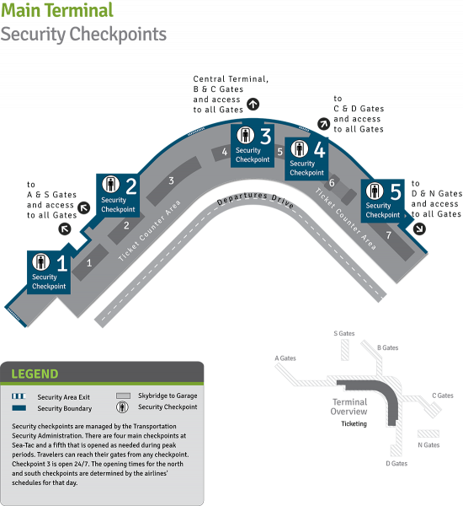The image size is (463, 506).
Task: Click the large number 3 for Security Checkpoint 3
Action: (266, 136)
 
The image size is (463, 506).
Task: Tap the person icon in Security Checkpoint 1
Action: (41, 261)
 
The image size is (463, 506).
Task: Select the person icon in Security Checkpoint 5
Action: (375, 191)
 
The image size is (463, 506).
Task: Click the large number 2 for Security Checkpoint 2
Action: (131, 186)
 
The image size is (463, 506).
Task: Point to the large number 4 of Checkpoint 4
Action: (320, 149)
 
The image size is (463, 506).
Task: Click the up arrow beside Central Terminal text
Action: (253, 105)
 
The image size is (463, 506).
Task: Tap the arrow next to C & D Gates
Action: (323, 124)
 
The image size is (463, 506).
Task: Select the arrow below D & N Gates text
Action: (419, 229)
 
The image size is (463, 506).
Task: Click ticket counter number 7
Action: (389, 235)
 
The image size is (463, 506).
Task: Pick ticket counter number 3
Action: (172, 180)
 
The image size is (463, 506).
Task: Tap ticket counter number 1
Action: (89, 263)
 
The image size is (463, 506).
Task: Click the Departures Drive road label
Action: (255, 199)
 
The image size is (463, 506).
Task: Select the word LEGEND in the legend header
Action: (35, 374)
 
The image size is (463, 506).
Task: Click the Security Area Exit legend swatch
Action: (19, 396)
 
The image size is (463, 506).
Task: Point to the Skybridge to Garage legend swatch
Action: (123, 396)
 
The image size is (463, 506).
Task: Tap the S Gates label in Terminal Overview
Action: (344, 333)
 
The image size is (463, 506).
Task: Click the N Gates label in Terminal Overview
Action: (428, 445)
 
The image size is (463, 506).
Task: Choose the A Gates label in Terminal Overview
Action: (285, 358)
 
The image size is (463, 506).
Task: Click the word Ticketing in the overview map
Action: (354, 423)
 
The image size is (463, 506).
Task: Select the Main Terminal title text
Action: (57, 9)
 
